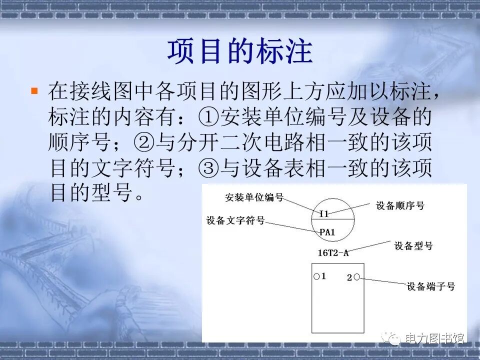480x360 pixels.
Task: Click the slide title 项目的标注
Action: [239, 51]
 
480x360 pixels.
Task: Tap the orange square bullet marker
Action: [34, 90]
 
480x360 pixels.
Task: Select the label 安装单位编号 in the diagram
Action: [254, 197]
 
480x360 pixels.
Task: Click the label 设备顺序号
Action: [400, 205]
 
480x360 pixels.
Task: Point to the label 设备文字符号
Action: [235, 220]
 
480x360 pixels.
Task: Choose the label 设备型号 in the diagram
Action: [413, 245]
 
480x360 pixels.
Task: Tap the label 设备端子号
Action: [430, 286]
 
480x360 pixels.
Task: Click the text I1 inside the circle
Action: [324, 213]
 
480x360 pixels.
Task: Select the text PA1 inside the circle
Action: [327, 232]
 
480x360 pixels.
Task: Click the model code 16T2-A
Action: [333, 252]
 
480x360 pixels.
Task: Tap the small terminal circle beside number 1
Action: [316, 276]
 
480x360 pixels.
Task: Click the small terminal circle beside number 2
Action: [357, 277]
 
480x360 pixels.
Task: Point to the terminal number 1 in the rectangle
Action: [323, 276]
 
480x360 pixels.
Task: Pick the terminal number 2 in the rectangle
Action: [349, 277]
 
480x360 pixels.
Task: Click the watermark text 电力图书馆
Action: [434, 338]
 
